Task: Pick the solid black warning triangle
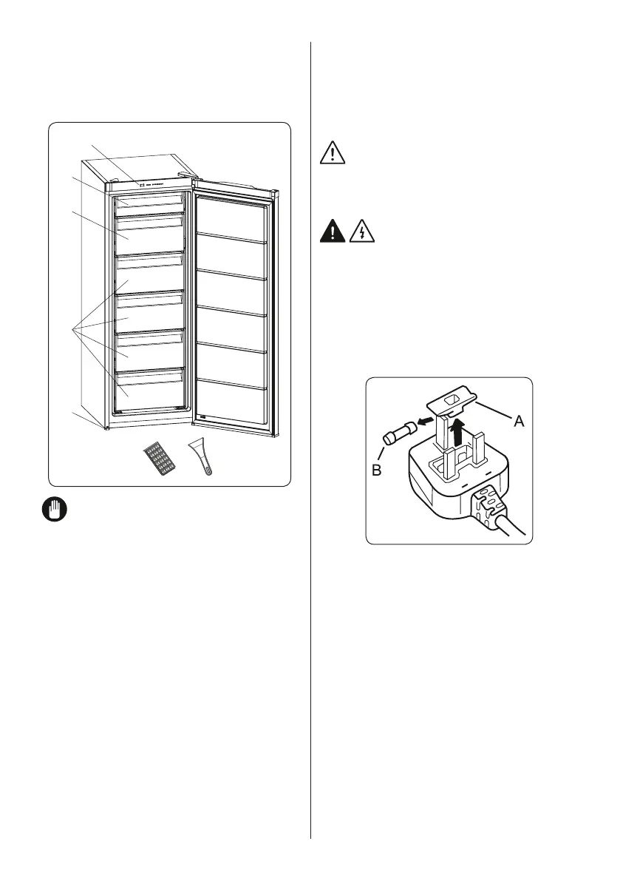(334, 232)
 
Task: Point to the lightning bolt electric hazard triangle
(361, 232)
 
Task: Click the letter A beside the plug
(519, 421)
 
